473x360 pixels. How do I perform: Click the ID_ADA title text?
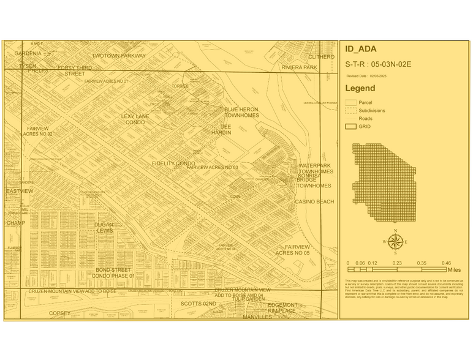(361, 50)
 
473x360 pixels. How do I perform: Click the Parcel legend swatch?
(350, 102)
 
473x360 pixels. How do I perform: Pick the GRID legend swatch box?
(350, 126)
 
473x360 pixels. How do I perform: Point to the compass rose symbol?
(395, 242)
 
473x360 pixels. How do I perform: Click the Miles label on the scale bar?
(453, 269)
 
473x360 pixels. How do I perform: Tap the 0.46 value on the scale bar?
(447, 263)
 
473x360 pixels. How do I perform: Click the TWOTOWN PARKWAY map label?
(119, 56)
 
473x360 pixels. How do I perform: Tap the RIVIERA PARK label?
(299, 67)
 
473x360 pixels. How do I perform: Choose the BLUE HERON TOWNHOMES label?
(241, 112)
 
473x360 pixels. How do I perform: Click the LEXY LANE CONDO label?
(135, 119)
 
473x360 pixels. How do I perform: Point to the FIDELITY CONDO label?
(173, 163)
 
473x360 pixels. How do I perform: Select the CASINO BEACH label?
(314, 201)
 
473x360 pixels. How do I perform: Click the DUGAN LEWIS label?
(104, 228)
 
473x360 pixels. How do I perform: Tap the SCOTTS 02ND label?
(198, 303)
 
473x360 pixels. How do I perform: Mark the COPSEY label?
(60, 313)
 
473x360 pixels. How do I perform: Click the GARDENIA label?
(28, 54)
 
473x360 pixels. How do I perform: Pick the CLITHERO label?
(321, 56)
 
